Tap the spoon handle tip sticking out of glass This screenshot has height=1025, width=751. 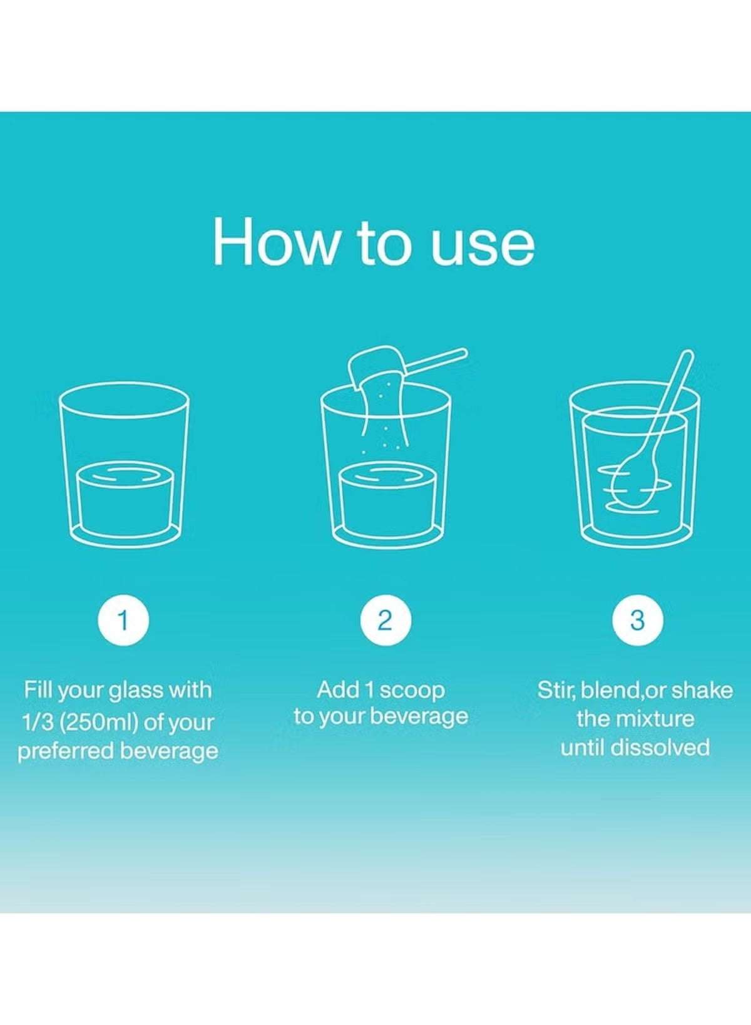point(685,354)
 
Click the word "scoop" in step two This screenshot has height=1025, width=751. point(411,691)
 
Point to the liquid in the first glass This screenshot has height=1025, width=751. point(123,497)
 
